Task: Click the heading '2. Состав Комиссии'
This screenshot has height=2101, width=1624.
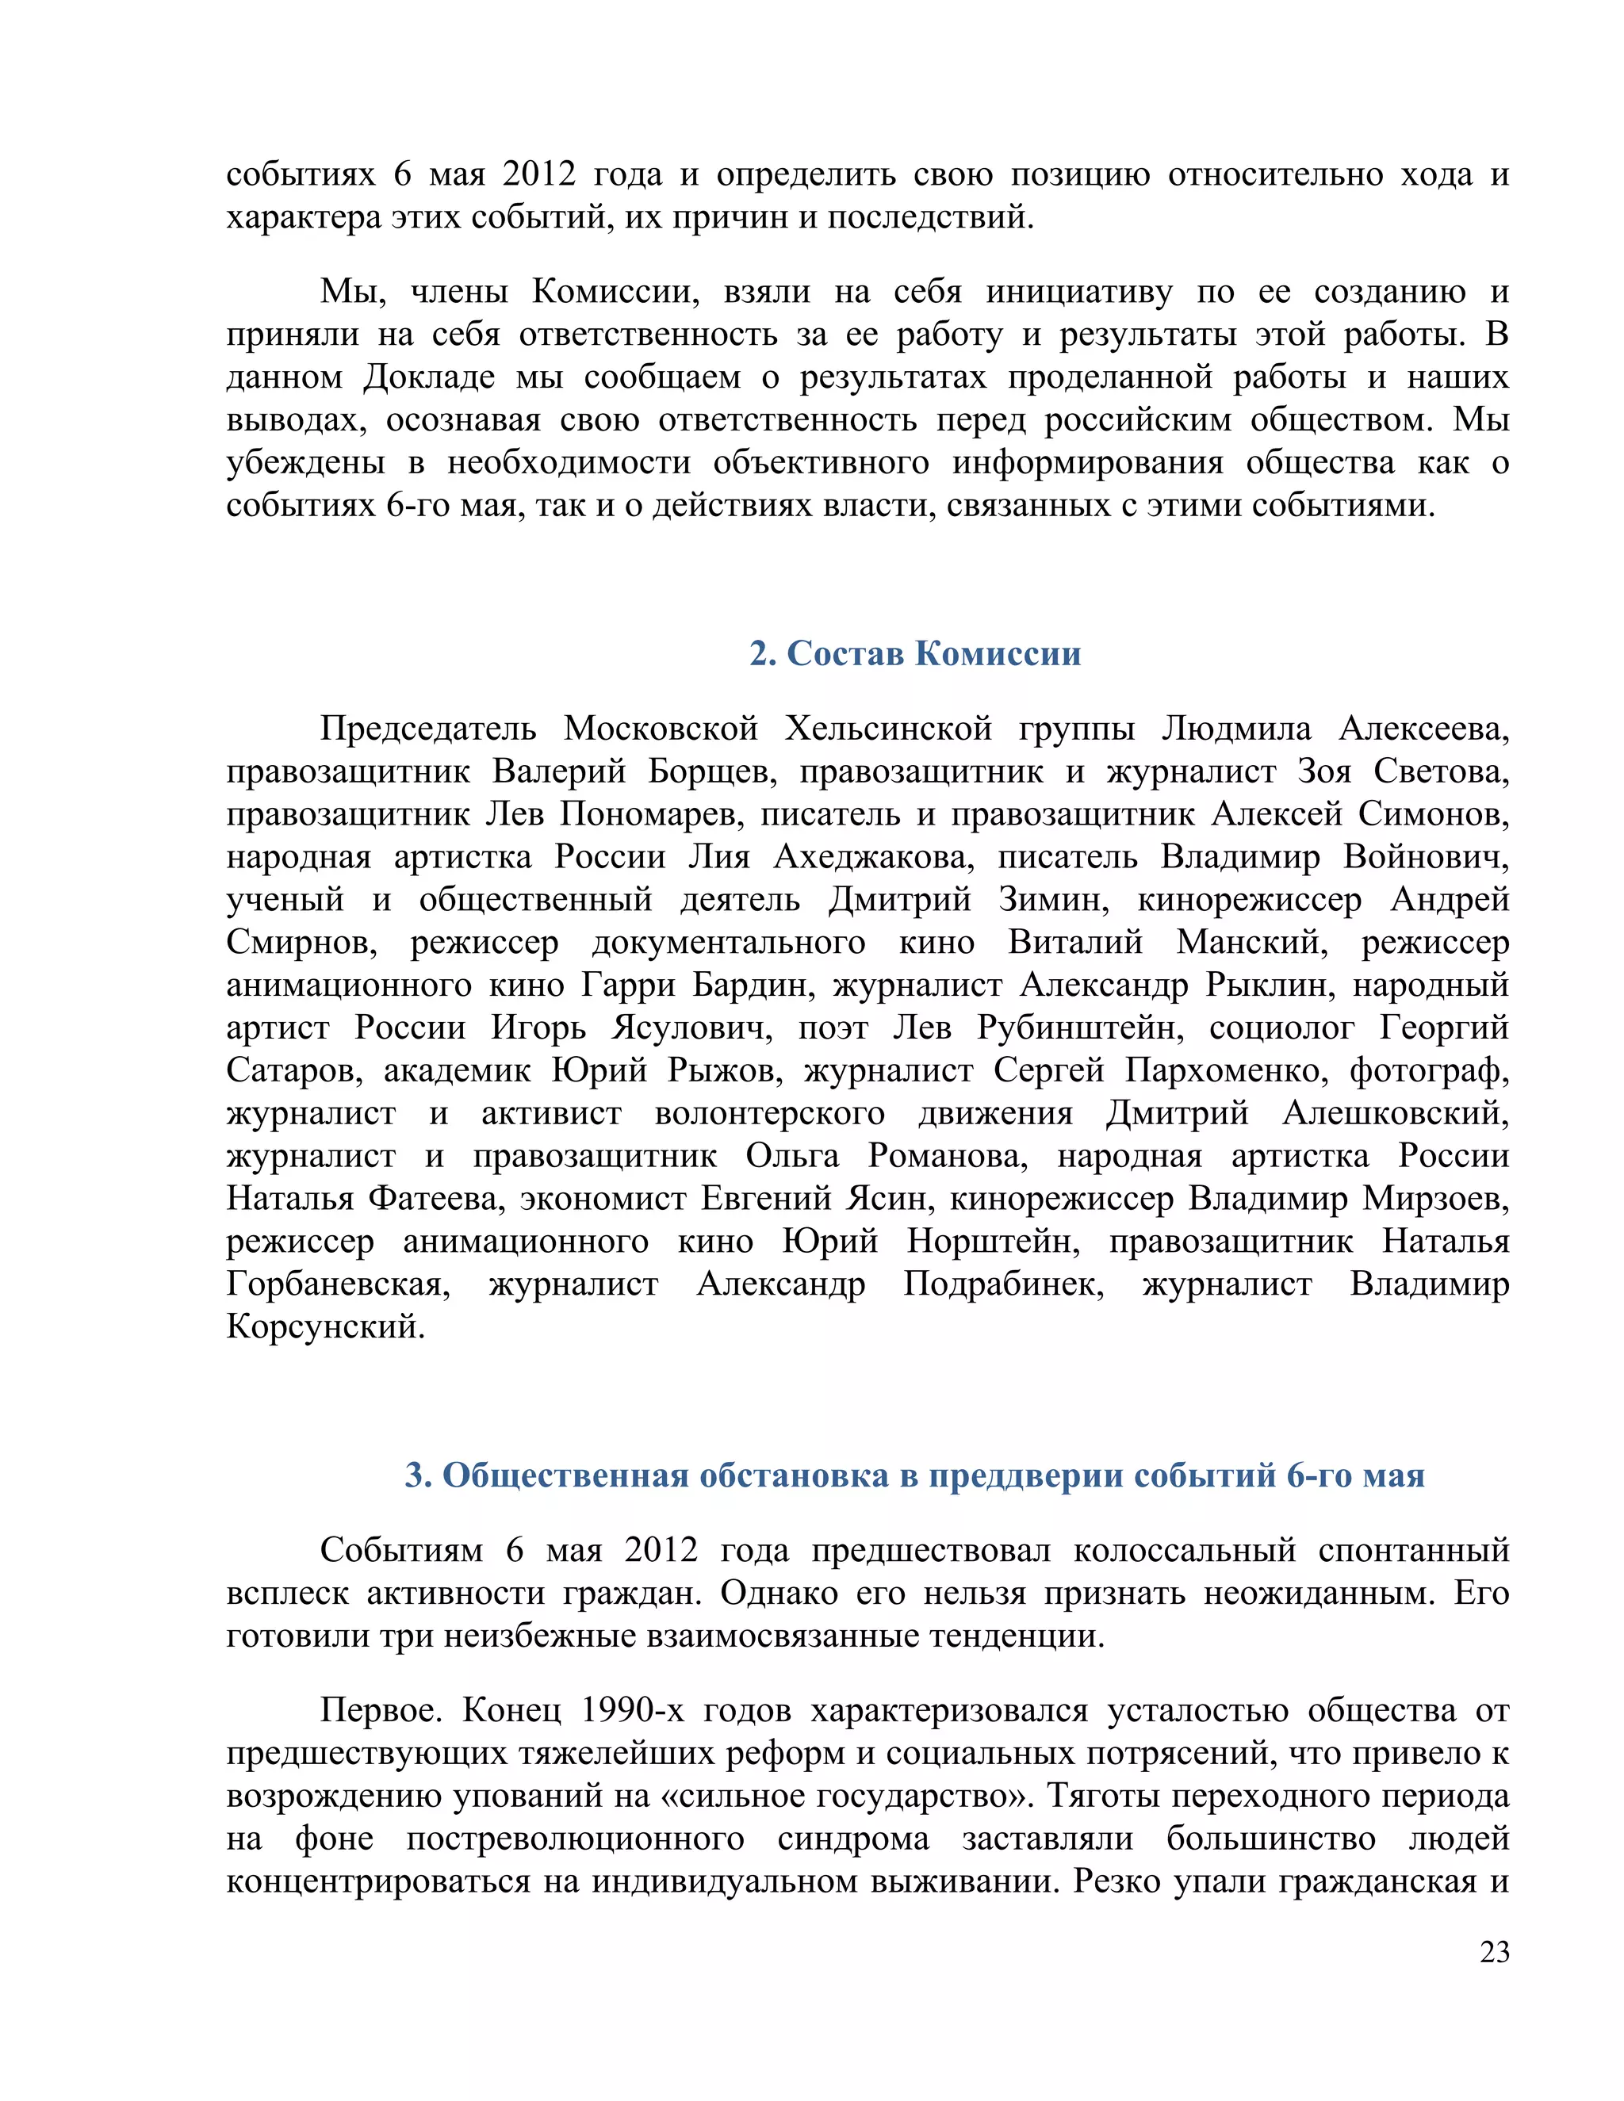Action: (915, 653)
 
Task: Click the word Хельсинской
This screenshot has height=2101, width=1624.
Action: (888, 729)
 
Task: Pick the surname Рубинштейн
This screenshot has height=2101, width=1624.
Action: (1079, 1028)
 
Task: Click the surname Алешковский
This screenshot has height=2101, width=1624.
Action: (1395, 1113)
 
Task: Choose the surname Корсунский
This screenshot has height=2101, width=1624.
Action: (325, 1326)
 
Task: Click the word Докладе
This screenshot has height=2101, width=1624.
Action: (429, 377)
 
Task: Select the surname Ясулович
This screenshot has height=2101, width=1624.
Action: (691, 1028)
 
